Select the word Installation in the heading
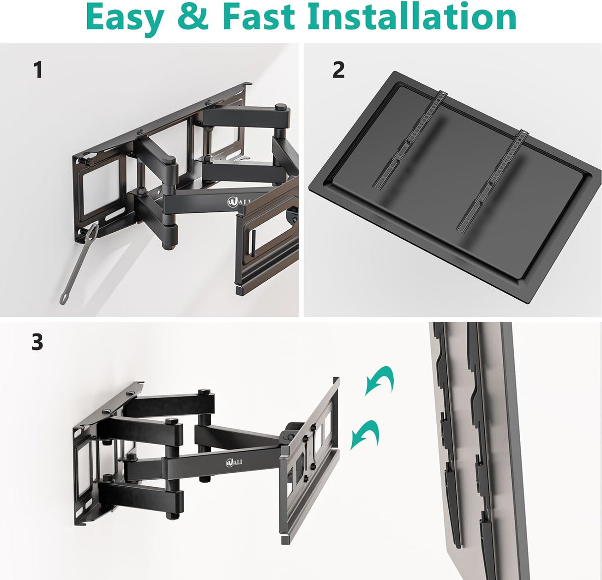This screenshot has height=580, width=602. click(412, 18)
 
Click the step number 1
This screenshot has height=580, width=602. click(38, 70)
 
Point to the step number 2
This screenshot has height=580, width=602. click(338, 70)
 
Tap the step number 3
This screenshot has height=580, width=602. click(37, 342)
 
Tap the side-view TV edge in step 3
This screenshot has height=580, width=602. click(511, 447)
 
